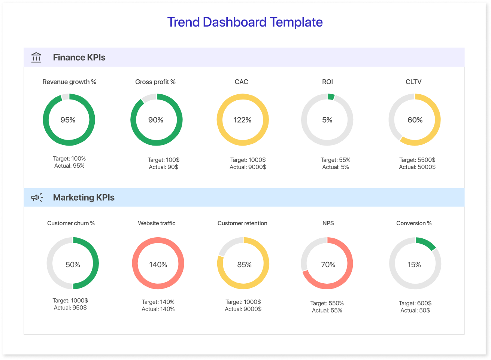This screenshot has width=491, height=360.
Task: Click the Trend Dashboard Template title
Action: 245,22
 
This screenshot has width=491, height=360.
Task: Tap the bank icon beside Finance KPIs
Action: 36,57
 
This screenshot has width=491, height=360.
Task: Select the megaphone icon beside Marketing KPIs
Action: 37,197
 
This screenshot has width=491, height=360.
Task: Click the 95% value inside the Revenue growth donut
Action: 68,120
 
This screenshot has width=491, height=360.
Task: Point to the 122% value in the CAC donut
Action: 242,120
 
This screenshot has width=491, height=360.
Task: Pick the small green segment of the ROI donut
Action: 331,97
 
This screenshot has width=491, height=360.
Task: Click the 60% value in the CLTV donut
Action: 415,120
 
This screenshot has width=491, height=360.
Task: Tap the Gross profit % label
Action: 155,82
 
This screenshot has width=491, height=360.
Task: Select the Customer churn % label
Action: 71,223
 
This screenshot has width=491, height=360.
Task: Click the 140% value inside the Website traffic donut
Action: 158,265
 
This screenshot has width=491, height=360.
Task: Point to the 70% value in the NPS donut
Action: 328,265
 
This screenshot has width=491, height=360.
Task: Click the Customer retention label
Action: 242,223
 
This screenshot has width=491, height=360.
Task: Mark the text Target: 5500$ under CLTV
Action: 417,160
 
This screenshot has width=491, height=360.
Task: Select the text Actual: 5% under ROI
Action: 336,167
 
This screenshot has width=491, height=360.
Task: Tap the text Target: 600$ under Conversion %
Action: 415,303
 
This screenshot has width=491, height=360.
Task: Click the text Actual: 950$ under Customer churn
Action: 70,308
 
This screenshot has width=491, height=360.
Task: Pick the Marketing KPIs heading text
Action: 84,198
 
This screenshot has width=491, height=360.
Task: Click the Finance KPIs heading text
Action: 79,58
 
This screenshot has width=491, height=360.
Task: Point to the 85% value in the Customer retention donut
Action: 244,265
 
